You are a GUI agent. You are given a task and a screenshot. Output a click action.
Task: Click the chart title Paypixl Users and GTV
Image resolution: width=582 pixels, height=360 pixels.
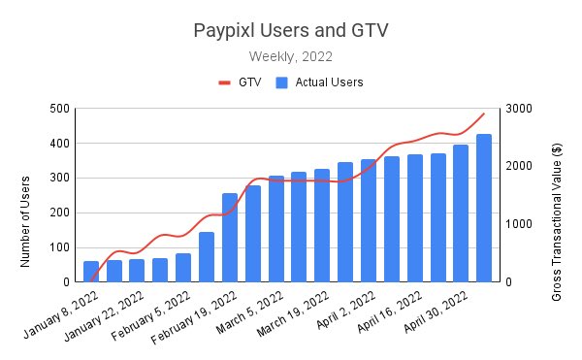coord(291,31)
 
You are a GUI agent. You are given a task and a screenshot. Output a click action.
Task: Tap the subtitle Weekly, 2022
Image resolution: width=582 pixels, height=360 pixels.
coord(291,56)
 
